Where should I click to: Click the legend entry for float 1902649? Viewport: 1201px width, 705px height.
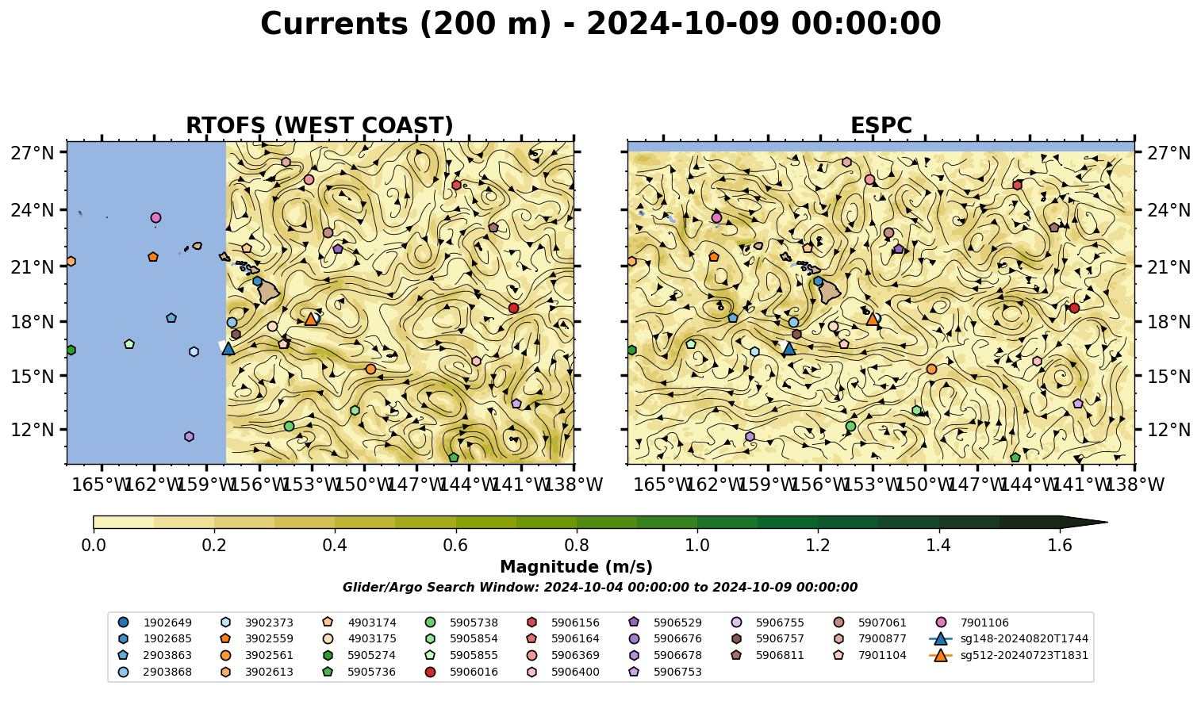pyautogui.click(x=155, y=623)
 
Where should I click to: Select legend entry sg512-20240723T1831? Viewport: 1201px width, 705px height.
pyautogui.click(x=1008, y=655)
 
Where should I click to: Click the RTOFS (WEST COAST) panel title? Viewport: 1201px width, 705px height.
pyautogui.click(x=320, y=125)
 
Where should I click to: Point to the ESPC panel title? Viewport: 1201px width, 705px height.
pyautogui.click(x=881, y=125)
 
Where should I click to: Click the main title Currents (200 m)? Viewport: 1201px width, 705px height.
pyautogui.click(x=405, y=24)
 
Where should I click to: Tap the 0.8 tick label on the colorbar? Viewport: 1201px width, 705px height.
pyautogui.click(x=577, y=546)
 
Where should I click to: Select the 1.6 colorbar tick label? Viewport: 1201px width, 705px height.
pyautogui.click(x=1060, y=546)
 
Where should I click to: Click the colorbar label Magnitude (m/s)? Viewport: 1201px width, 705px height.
pyautogui.click(x=577, y=567)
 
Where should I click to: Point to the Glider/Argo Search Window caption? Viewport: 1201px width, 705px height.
pyautogui.click(x=600, y=588)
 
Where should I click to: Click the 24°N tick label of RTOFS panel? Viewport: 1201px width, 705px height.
pyautogui.click(x=33, y=210)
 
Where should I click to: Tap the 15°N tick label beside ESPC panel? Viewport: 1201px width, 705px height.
pyautogui.click(x=1168, y=377)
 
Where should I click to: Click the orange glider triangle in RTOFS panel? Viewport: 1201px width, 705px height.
pyautogui.click(x=310, y=320)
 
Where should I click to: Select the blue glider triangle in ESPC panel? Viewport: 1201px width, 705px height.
pyautogui.click(x=789, y=349)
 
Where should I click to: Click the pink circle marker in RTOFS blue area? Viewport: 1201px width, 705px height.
pyautogui.click(x=155, y=217)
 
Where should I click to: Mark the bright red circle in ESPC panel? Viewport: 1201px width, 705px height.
pyautogui.click(x=1074, y=308)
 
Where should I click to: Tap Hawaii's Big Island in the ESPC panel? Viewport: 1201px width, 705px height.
pyautogui.click(x=830, y=292)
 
